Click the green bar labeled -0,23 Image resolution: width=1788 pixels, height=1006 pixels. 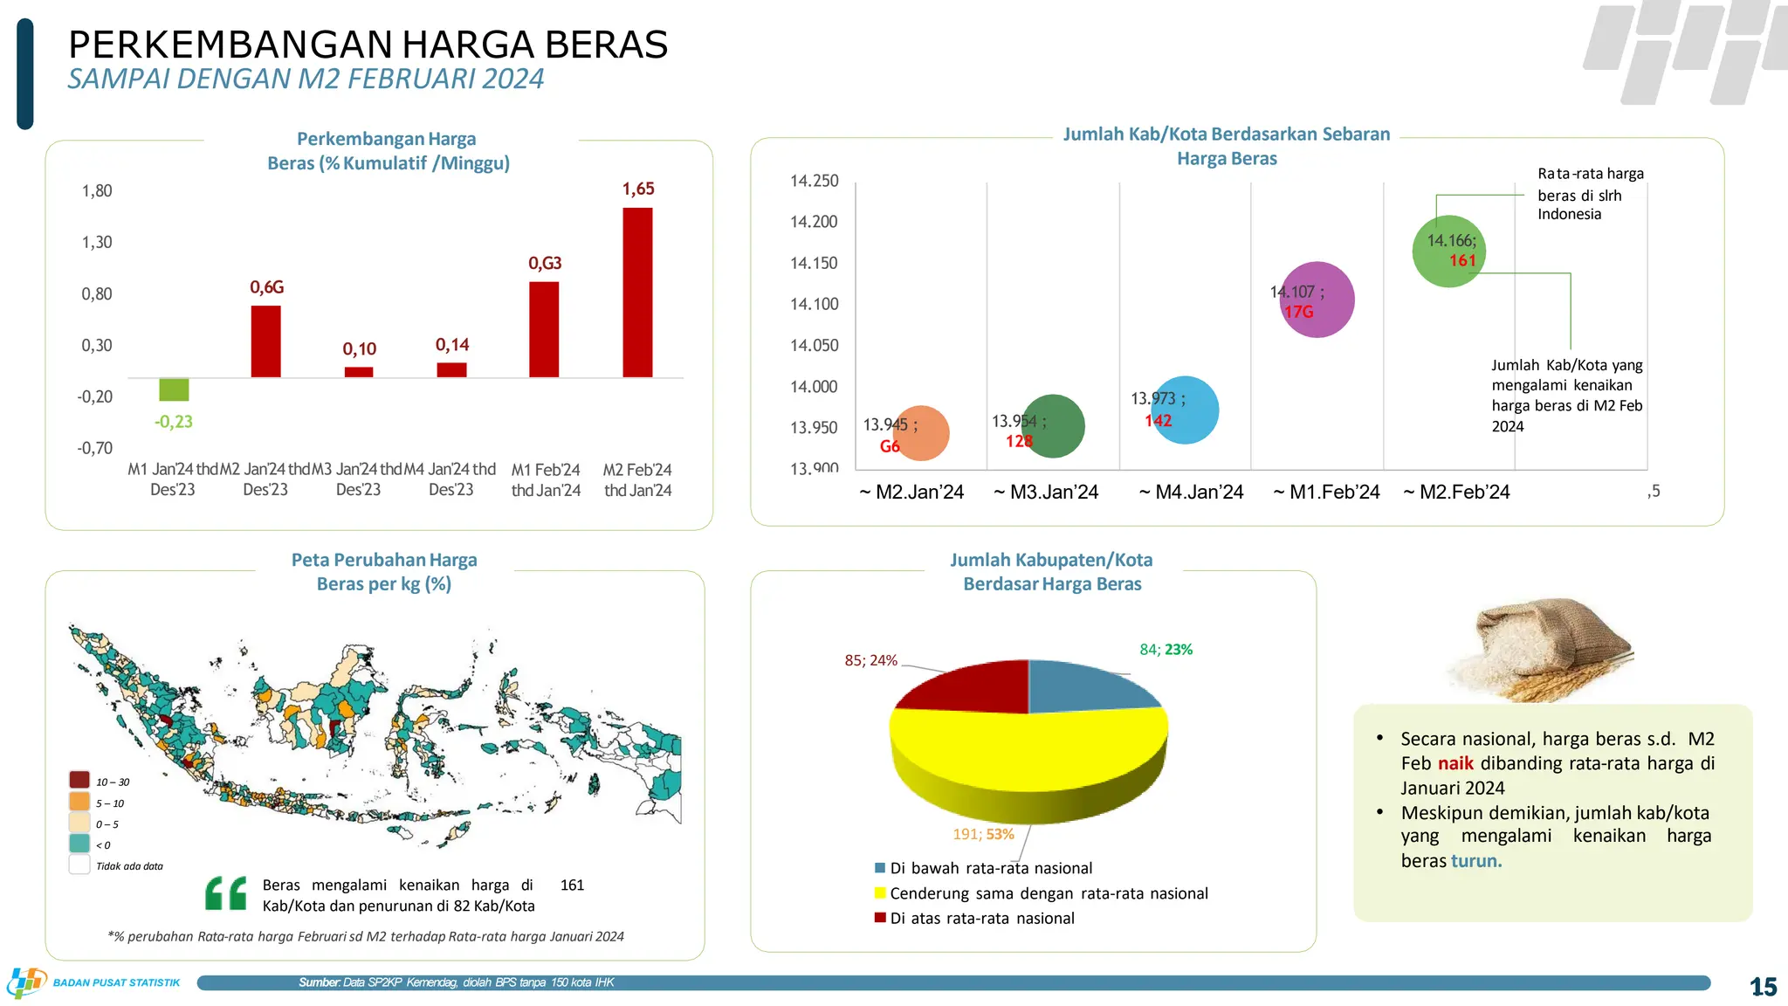(x=174, y=389)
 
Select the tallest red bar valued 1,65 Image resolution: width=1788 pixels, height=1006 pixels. (x=637, y=293)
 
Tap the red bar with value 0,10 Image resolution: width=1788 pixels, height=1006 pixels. (x=359, y=372)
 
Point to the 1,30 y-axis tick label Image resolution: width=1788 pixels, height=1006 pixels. (x=97, y=242)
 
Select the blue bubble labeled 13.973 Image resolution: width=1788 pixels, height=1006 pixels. (x=1185, y=410)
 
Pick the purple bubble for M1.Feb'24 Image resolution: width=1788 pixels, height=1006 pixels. (x=1317, y=300)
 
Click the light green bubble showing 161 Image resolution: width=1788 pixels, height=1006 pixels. (x=1448, y=251)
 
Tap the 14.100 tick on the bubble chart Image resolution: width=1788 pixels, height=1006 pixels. (x=814, y=304)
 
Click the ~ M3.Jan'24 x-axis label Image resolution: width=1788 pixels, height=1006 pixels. (x=1046, y=493)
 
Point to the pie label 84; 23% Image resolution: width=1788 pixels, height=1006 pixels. (x=1166, y=650)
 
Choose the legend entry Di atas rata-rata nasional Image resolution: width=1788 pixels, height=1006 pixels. (x=981, y=919)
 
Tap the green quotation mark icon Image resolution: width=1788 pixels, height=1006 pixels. (x=226, y=892)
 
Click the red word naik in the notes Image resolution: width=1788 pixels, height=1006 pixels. (x=1455, y=764)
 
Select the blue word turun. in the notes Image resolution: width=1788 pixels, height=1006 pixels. (x=1476, y=861)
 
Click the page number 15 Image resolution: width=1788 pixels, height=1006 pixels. (x=1763, y=987)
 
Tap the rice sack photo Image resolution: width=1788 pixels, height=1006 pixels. (x=1542, y=651)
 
